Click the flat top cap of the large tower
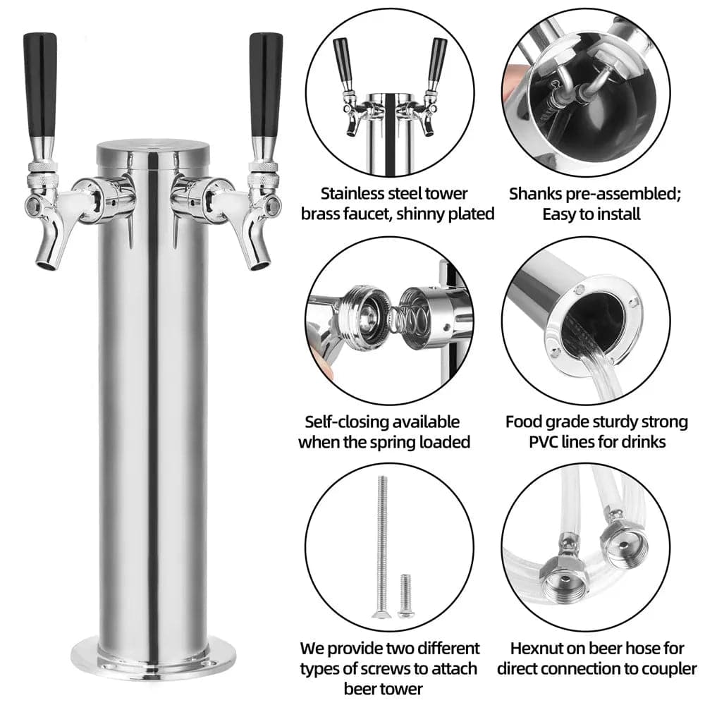[x=153, y=148]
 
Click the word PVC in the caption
[x=546, y=442]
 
